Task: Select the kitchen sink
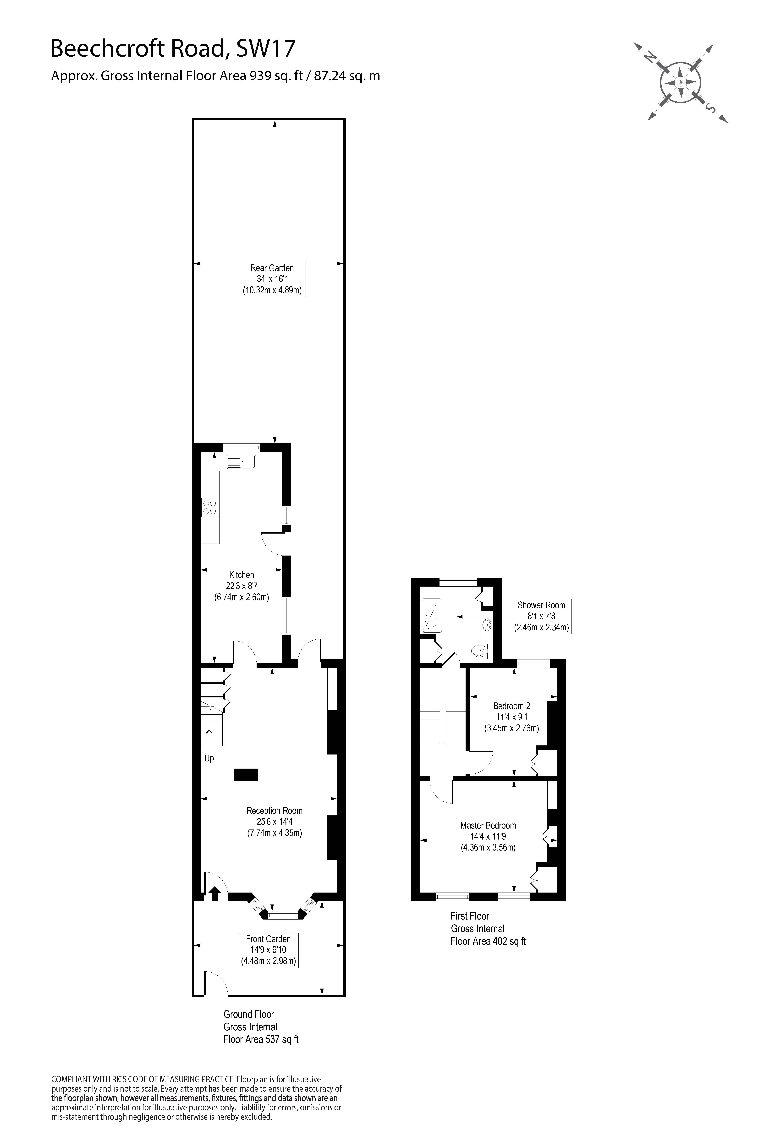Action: click(x=241, y=461)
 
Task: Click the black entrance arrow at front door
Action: click(x=215, y=893)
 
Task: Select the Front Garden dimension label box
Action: click(x=269, y=950)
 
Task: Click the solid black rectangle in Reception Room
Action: click(x=246, y=775)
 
